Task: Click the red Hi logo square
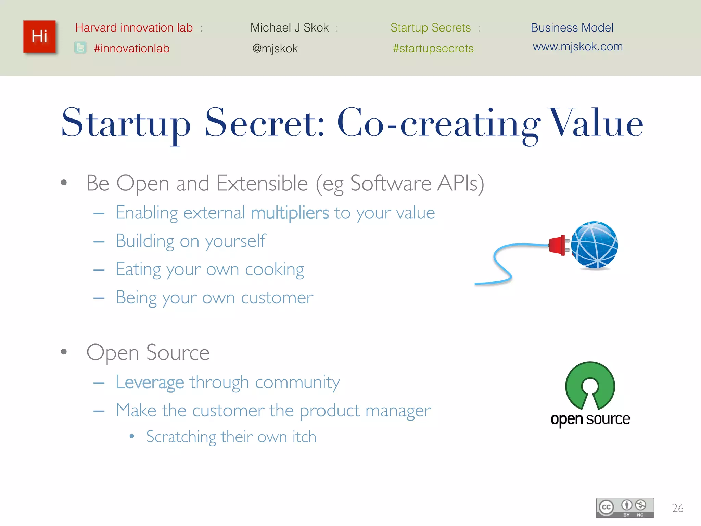point(39,36)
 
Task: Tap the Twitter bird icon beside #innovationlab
point(80,48)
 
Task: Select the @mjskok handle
point(275,49)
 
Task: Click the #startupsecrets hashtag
point(433,48)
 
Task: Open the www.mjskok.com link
point(577,46)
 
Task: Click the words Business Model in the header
point(572,27)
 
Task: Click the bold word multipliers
point(290,213)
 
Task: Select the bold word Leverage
point(150,382)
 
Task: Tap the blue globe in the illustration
point(595,245)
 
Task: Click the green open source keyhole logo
point(590,385)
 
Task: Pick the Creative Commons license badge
point(625,508)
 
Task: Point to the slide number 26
point(677,508)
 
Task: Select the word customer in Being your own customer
point(277,298)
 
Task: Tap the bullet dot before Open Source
point(64,352)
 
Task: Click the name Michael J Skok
point(289,27)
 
